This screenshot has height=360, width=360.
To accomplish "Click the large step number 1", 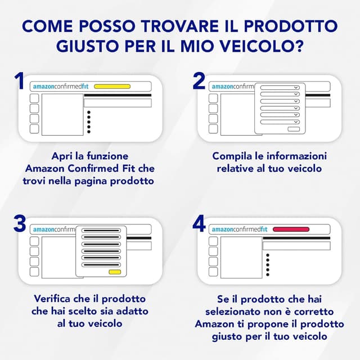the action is (x=19, y=81).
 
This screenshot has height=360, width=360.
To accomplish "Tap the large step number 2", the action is (x=199, y=81).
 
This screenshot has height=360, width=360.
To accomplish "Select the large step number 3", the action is (x=20, y=223).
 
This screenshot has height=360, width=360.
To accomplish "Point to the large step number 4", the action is (x=199, y=223).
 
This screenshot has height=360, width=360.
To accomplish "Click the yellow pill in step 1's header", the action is (x=112, y=87).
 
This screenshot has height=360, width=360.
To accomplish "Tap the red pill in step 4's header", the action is (x=291, y=229).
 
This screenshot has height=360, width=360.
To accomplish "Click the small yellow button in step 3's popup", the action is (x=115, y=272).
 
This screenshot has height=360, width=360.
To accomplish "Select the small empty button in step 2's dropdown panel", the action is (x=294, y=129).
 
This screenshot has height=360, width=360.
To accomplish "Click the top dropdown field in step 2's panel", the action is (x=280, y=88).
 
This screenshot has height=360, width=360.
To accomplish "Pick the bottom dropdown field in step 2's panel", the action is (x=280, y=122).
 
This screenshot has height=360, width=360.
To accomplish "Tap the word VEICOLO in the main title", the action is (x=254, y=46).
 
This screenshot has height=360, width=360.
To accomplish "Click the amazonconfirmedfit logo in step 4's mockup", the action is (x=240, y=229).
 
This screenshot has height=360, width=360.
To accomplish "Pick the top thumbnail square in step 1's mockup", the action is (x=34, y=98).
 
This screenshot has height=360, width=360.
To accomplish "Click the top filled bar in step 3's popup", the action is (x=101, y=231).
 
